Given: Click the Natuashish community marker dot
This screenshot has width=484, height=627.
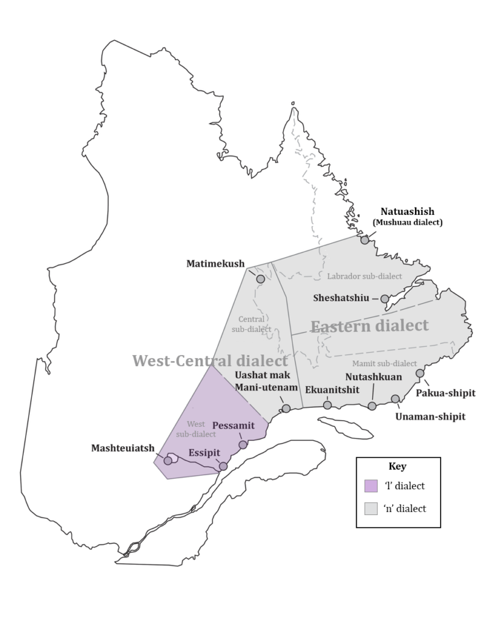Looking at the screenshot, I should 365,240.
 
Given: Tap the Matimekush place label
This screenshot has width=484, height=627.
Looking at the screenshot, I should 214,263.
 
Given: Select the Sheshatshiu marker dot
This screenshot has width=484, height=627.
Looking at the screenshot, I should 384,299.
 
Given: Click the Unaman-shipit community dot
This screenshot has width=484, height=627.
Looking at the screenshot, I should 395,399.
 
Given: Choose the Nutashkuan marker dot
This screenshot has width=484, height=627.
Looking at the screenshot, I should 372,406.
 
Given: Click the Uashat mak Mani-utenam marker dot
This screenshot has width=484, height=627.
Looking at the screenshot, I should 286,408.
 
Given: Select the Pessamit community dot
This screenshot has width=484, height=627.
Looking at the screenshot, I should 243,445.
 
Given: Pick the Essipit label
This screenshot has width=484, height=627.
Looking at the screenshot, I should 204,453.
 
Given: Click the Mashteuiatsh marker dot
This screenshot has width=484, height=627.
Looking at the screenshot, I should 168,460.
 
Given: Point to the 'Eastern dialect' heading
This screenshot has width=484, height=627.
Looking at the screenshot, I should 370,326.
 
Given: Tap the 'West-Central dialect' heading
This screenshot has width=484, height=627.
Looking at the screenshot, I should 210,361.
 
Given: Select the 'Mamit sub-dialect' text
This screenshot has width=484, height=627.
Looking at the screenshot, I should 384,363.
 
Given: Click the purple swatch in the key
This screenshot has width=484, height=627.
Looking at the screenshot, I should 371,486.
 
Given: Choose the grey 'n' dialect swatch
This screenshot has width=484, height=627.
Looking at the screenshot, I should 371,508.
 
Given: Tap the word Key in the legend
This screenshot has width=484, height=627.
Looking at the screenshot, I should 397,467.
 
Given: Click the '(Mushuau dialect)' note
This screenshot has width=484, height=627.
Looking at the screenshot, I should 406,222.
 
